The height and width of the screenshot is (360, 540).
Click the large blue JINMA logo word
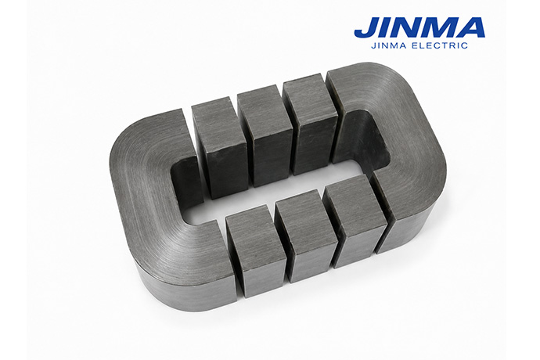[x=419, y=27]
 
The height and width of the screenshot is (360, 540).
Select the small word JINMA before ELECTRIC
[x=390, y=45]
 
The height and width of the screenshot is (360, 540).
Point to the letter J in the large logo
[x=366, y=27]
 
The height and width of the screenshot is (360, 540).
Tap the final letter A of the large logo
[x=471, y=27]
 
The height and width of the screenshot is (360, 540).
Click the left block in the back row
[x=220, y=147]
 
